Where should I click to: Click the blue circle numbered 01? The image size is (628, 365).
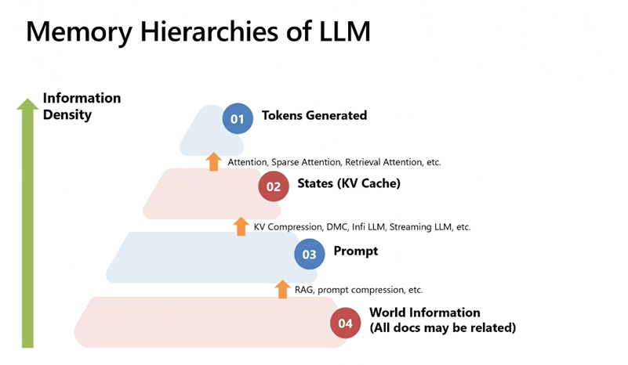[238, 119]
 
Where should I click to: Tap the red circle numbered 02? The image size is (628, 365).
[274, 187]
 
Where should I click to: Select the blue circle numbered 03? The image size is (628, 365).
[310, 254]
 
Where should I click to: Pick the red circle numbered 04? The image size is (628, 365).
[346, 322]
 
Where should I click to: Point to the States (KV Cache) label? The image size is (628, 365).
[349, 184]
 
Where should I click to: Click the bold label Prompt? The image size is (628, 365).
[356, 251]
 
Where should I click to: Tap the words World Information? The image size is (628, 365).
[425, 313]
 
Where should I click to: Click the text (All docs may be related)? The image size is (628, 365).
[442, 327]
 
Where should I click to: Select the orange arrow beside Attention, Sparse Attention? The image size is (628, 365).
[213, 161]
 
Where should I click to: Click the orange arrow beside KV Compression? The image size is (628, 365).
[241, 226]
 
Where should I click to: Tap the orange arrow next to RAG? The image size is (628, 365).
[282, 289]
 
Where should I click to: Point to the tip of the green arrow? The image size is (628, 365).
[27, 102]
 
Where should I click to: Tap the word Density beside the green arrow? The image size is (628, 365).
[67, 115]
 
